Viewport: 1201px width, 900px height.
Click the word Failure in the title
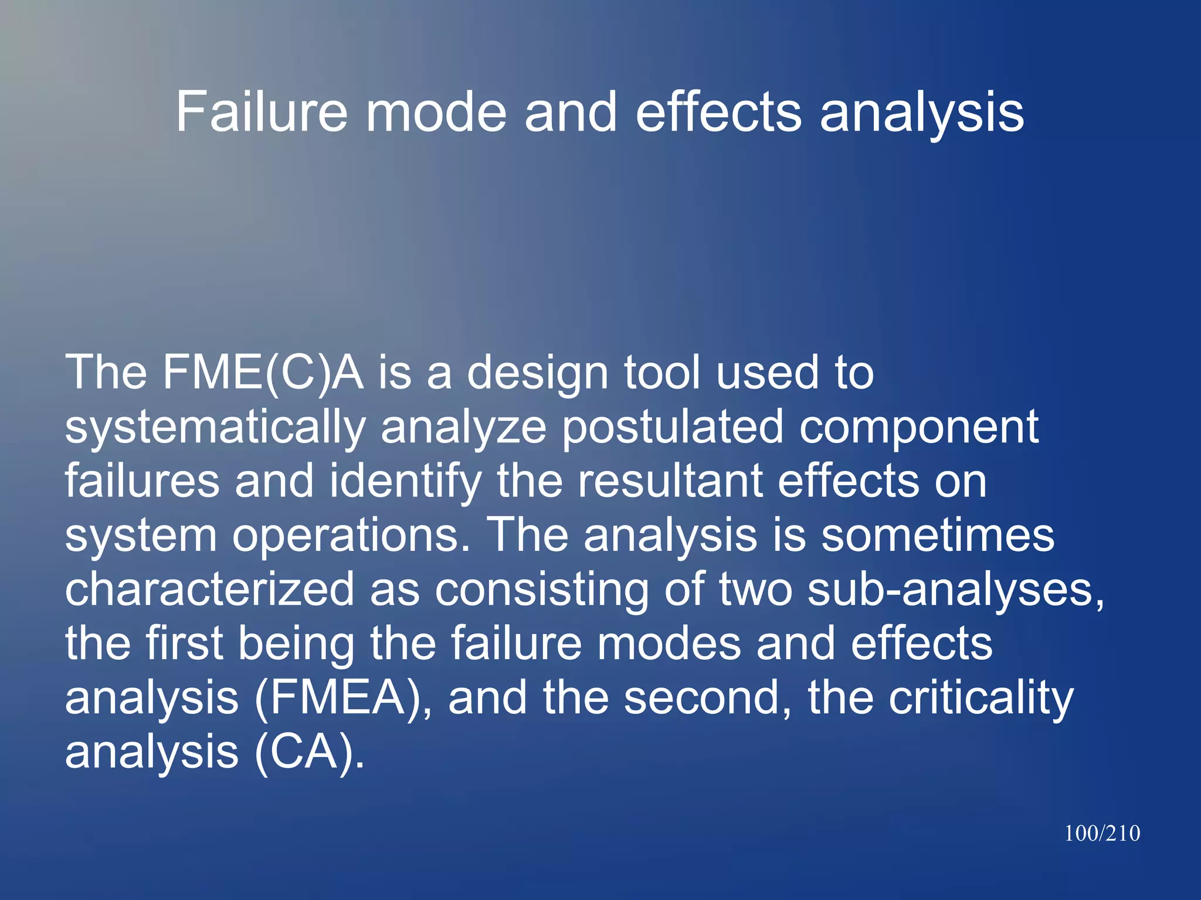click(262, 112)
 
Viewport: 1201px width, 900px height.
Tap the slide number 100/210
click(1102, 833)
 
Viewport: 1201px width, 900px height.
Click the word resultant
click(670, 482)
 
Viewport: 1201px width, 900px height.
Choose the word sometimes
click(937, 536)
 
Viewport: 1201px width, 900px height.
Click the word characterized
click(209, 589)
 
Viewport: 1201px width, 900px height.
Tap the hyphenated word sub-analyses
click(956, 591)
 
